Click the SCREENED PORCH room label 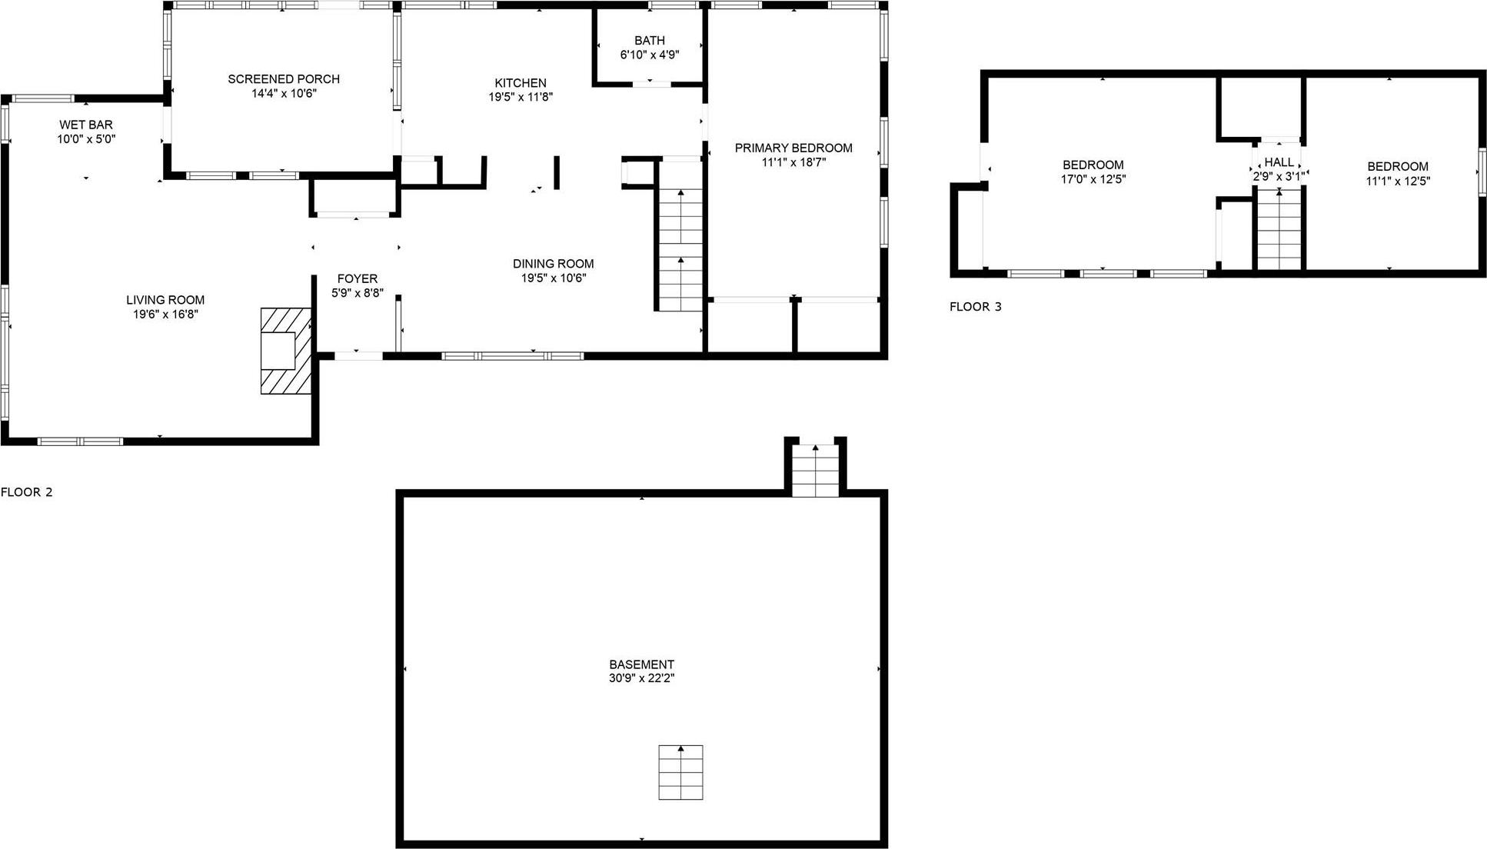point(284,79)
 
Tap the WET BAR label point(86,125)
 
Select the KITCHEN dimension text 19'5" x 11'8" point(521,98)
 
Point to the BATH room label point(650,41)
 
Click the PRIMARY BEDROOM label point(793,148)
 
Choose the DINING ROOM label point(554,264)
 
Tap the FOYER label point(358,279)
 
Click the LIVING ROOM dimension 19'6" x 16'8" point(165,315)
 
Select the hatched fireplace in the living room point(286,351)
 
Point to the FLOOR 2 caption point(27,492)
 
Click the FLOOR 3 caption point(976,307)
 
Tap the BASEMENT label point(642,664)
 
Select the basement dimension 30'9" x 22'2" point(642,679)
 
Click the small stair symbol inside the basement point(680,772)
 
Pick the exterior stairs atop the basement point(815,469)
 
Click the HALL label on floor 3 point(1279,162)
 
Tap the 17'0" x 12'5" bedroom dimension point(1093,180)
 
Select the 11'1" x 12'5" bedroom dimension point(1398,181)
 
